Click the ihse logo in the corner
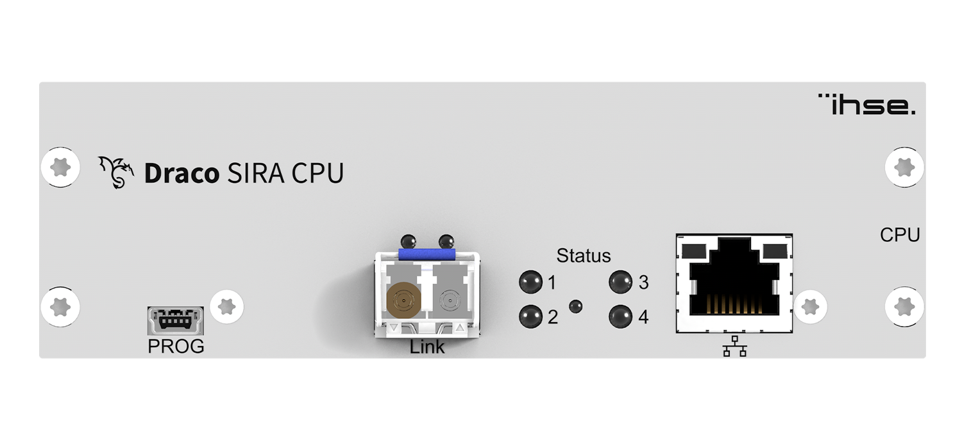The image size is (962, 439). (867, 105)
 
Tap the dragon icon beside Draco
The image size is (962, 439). (116, 173)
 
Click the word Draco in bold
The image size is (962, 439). (181, 174)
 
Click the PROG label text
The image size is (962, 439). (176, 347)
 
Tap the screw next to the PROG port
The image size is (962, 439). (226, 306)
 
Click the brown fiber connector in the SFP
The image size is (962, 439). (403, 300)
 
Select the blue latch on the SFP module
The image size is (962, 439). (427, 255)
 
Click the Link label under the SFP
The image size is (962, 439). (427, 348)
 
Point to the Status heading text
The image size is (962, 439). (583, 255)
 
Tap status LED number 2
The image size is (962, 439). (530, 316)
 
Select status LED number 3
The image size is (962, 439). (620, 281)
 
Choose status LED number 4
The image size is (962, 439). (620, 316)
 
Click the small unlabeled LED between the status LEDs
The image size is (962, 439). (576, 306)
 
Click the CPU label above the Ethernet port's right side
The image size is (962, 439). (899, 236)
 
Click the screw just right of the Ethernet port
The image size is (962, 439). (810, 306)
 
